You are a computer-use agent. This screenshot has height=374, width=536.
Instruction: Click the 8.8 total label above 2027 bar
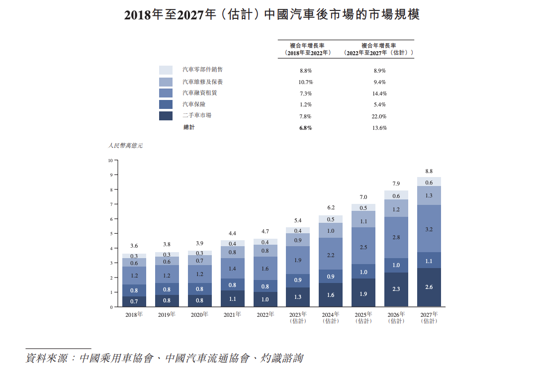click(x=429, y=171)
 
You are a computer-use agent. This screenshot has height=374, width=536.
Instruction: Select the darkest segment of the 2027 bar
click(x=429, y=287)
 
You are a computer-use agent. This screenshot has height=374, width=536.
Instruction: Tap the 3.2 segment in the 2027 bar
click(x=429, y=229)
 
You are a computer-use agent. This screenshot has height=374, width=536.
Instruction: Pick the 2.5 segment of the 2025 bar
click(x=363, y=246)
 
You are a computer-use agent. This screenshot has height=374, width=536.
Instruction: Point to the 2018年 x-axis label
click(x=134, y=315)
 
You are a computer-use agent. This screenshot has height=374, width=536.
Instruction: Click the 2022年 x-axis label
click(x=266, y=315)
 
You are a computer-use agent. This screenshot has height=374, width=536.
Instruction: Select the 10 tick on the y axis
click(x=110, y=161)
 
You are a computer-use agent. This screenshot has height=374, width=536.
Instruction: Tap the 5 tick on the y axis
click(x=111, y=234)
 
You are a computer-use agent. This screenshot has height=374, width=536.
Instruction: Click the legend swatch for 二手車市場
click(x=166, y=116)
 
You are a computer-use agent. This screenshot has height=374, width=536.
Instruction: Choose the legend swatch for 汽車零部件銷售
click(x=166, y=70)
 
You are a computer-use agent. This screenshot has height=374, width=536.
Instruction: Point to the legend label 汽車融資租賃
click(x=200, y=93)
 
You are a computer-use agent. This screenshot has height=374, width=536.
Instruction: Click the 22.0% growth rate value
click(x=379, y=116)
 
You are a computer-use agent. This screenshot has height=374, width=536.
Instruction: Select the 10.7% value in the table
click(x=305, y=82)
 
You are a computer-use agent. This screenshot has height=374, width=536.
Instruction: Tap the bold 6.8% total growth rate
click(x=305, y=128)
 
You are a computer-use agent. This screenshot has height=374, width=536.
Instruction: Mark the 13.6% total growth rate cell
click(x=379, y=128)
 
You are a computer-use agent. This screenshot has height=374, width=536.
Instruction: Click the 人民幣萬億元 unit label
click(x=125, y=146)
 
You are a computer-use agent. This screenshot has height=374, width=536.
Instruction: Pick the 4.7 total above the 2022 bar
click(x=266, y=232)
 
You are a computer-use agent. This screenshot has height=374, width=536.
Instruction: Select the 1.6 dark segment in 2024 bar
click(x=331, y=295)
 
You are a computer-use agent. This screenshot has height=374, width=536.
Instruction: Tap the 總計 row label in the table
click(x=189, y=128)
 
